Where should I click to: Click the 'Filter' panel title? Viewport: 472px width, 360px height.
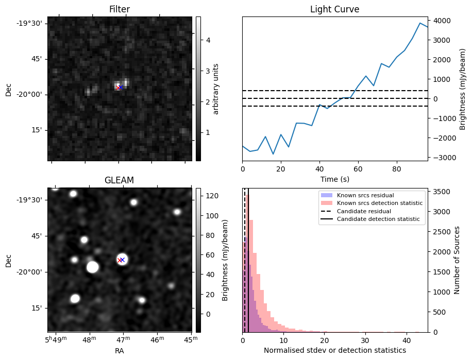[x=119, y=9]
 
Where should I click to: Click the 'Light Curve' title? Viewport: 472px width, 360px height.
[x=334, y=9]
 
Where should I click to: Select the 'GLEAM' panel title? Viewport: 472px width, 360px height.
[x=119, y=180]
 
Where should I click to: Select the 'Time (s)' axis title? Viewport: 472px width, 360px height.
[x=334, y=179]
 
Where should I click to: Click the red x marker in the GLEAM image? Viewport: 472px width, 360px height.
[x=120, y=260]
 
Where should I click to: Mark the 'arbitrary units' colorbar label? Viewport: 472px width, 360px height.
[x=216, y=89]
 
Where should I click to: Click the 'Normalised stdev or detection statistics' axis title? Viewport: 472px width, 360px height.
[x=334, y=350]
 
